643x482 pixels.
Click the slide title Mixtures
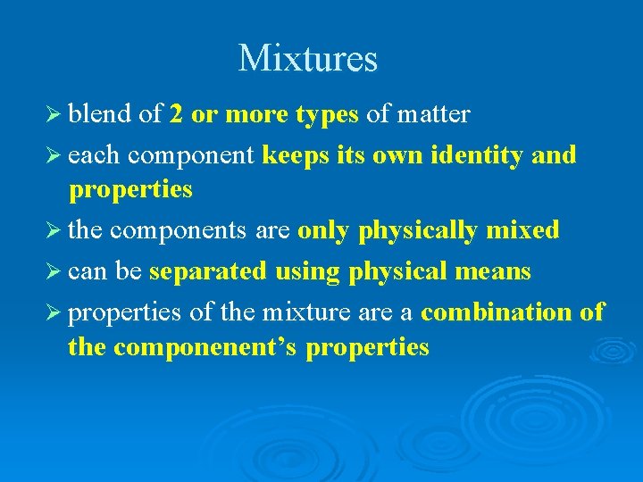click(x=308, y=59)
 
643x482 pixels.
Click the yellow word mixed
click(x=522, y=230)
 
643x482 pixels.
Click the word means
click(x=494, y=271)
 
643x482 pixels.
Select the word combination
click(x=497, y=312)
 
